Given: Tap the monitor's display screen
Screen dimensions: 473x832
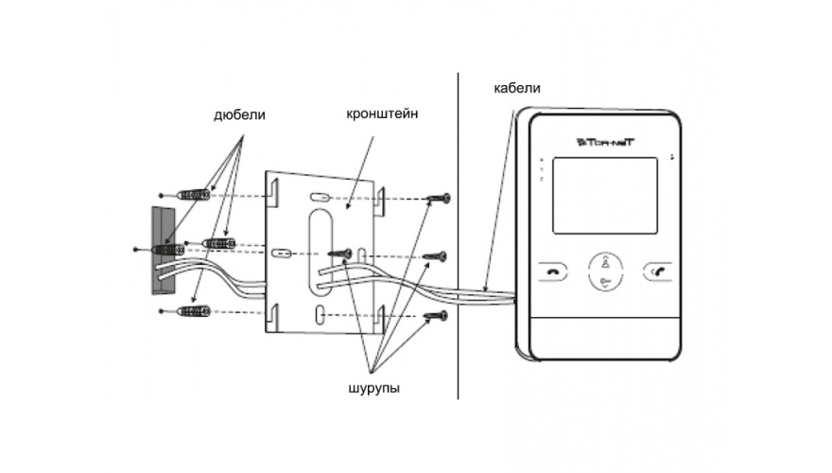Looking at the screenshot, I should coord(601,195).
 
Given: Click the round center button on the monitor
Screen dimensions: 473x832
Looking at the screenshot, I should coord(602,272).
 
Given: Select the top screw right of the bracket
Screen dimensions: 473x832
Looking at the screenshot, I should coord(437,199).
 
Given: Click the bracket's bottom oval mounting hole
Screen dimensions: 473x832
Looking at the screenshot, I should coord(321,313).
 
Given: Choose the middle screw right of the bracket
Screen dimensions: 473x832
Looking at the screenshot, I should coord(436,255).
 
